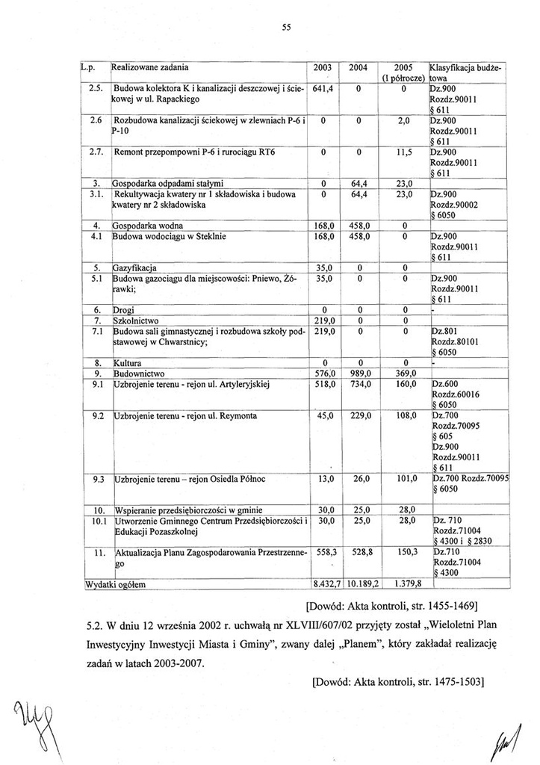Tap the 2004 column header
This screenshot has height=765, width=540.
(x=359, y=68)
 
